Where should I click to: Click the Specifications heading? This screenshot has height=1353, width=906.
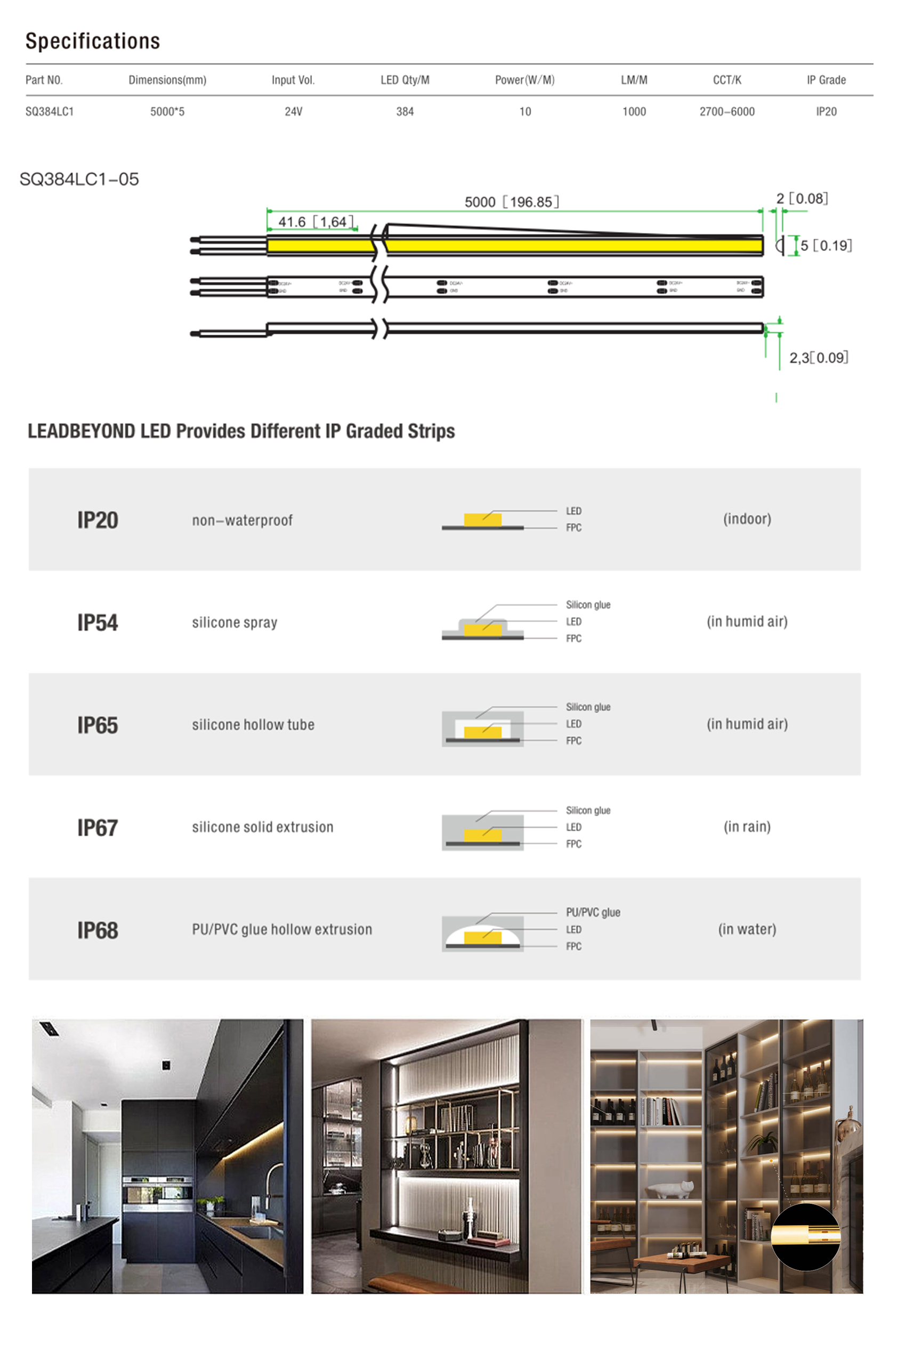(x=92, y=41)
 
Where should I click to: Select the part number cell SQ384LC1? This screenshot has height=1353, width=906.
(x=50, y=111)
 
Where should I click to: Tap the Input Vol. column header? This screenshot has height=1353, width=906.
(x=293, y=80)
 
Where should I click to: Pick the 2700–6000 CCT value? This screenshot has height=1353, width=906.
(x=727, y=111)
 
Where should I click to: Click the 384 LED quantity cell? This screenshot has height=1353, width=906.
(x=405, y=111)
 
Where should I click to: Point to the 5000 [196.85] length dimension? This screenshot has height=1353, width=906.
(x=512, y=201)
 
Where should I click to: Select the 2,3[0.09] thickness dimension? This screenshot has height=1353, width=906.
(x=818, y=358)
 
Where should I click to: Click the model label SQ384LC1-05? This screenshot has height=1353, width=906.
(x=79, y=179)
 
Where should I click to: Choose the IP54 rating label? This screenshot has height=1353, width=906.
(x=98, y=622)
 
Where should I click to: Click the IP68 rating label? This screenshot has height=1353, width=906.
(x=98, y=930)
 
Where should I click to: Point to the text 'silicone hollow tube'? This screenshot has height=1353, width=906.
(x=253, y=724)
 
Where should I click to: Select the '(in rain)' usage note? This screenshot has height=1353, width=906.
(x=747, y=827)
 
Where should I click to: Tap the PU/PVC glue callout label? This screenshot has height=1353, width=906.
(x=593, y=912)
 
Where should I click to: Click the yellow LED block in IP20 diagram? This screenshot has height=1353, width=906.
(x=482, y=520)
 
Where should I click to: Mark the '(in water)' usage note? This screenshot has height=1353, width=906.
(x=747, y=929)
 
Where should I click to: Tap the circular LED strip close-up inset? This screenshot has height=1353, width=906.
(x=805, y=1237)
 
